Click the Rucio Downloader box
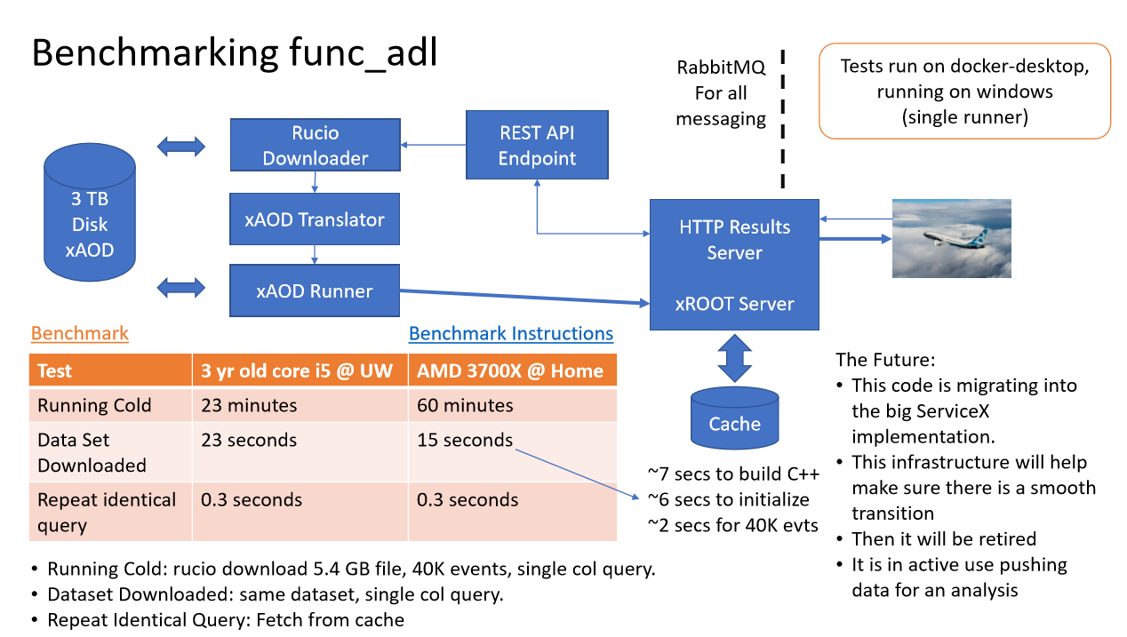315,146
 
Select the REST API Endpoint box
537,146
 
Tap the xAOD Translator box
315,219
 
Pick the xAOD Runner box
315,291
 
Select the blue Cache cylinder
734,418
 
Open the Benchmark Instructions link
511,333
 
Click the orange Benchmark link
80,333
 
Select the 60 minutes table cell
465,405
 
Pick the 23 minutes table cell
249,405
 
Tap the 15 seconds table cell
465,440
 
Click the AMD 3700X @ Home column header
510,370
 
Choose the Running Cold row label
94,405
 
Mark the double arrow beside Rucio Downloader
180,146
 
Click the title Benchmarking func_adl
235,53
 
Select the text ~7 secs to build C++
733,474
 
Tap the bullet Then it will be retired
944,538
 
